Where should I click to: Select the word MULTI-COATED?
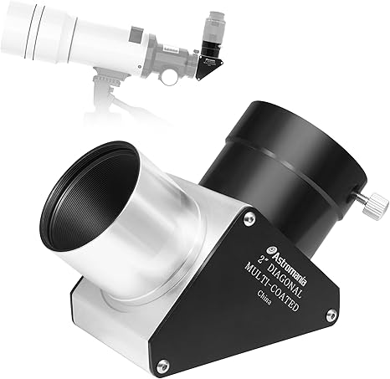click(x=271, y=287)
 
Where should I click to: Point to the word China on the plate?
click(x=264, y=297)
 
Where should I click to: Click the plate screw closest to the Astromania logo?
click(x=249, y=219)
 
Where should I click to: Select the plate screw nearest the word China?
click(x=331, y=315)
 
